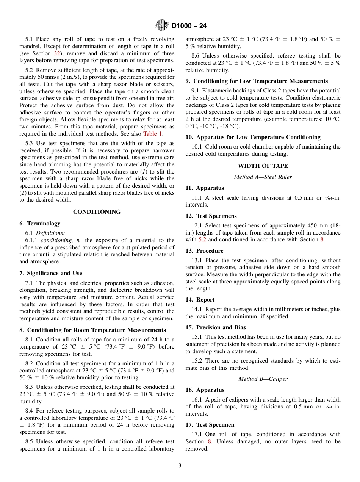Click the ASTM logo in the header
click(x=162, y=26)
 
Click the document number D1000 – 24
click(x=189, y=26)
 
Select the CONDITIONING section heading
click(x=97, y=212)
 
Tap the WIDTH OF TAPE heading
click(x=263, y=166)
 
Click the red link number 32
click(x=57, y=53)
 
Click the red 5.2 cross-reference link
click(x=202, y=239)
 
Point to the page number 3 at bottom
click(x=180, y=466)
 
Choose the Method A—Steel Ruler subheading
click(x=263, y=177)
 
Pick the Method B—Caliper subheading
click(x=263, y=379)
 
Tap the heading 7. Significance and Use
click(x=50, y=273)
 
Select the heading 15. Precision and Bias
click(x=215, y=327)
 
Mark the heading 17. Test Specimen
click(x=210, y=425)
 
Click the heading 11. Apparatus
click(x=205, y=188)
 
